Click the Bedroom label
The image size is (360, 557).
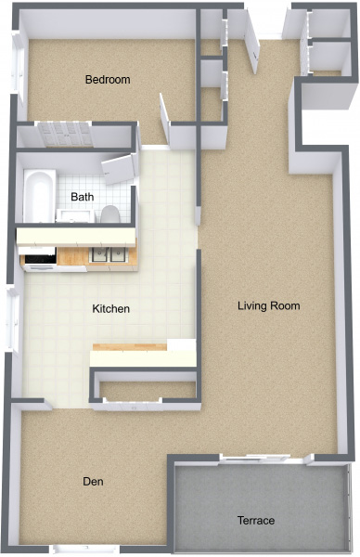(108, 80)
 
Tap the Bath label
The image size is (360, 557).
(83, 197)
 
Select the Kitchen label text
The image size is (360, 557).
(110, 309)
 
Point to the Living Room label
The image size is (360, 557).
(269, 305)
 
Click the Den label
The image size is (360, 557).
(94, 482)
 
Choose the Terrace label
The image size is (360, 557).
(256, 521)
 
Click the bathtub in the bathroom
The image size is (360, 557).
(39, 196)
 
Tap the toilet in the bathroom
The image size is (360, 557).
(109, 214)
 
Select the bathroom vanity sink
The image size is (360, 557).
(75, 215)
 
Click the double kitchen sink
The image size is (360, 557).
(109, 254)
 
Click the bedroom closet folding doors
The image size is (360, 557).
(65, 134)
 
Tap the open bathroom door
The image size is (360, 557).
(120, 169)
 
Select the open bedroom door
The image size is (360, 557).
(165, 118)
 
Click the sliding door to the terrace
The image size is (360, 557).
(255, 459)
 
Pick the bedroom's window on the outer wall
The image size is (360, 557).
(17, 63)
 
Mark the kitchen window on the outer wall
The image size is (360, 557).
(14, 320)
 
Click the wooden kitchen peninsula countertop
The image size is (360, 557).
(130, 347)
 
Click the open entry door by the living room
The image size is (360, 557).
(251, 41)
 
